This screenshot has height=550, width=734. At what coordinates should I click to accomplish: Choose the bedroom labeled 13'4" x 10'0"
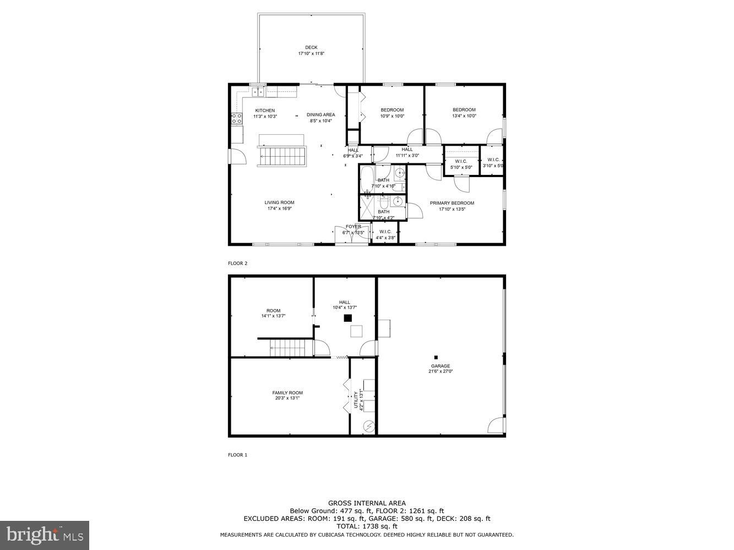tap(464, 113)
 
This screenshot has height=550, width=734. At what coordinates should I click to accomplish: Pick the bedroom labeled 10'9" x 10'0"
tap(392, 113)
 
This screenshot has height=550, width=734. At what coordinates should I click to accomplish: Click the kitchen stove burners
tap(236, 118)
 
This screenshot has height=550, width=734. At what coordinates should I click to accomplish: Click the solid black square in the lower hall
tap(347, 318)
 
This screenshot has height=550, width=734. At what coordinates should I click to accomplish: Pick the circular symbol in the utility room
tap(368, 426)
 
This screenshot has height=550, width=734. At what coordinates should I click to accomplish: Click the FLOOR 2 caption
tap(238, 263)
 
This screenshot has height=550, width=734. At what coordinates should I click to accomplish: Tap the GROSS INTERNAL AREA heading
tap(367, 503)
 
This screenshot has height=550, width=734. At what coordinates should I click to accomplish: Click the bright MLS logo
tap(45, 534)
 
